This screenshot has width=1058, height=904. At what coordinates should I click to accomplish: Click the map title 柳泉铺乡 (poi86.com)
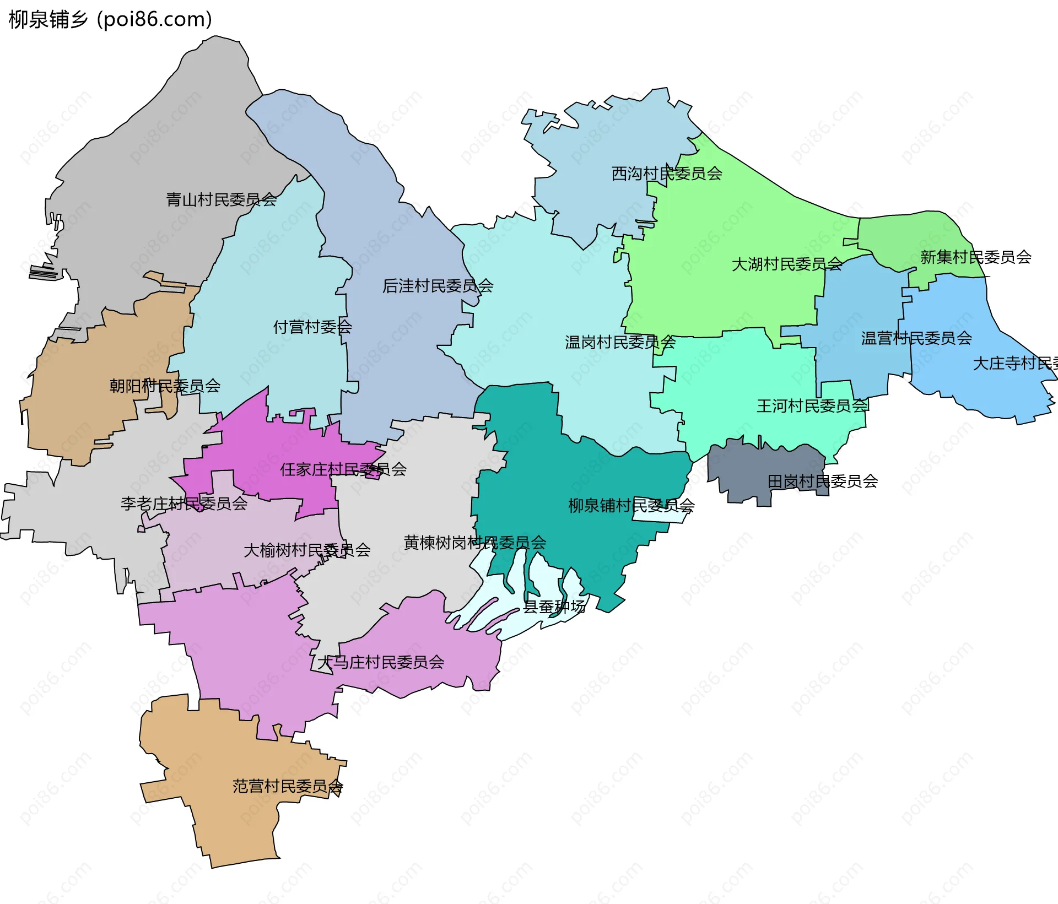(x=110, y=19)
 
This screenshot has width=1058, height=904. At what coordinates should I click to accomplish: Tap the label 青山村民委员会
(x=221, y=199)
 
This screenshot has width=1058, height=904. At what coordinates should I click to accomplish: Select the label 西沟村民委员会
(x=667, y=174)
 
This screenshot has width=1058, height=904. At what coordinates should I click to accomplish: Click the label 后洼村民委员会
(x=438, y=286)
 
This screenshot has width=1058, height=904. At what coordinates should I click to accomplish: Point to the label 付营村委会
(x=312, y=327)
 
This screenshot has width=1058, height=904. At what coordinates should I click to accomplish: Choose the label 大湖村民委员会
(x=786, y=264)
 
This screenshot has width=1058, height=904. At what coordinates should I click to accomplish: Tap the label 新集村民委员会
(x=975, y=257)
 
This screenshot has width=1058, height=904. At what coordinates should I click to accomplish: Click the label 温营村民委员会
(x=916, y=338)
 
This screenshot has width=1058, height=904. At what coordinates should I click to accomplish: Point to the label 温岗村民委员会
(x=620, y=342)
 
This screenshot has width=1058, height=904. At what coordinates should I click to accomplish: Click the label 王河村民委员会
(x=812, y=406)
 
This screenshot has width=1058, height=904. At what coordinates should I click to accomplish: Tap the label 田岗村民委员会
(x=822, y=481)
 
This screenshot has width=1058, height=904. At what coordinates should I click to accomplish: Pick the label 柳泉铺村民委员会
(x=631, y=505)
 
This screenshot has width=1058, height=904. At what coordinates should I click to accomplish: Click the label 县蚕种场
(x=554, y=607)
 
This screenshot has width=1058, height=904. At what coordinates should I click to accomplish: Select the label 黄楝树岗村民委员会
(x=474, y=543)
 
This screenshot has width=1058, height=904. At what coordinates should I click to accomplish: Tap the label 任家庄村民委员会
(x=343, y=469)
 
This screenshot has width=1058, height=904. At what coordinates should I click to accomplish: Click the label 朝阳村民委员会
(x=165, y=386)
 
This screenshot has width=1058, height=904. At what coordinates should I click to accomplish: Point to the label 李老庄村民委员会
(x=183, y=503)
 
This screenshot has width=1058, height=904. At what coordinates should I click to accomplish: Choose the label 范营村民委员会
(x=287, y=786)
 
